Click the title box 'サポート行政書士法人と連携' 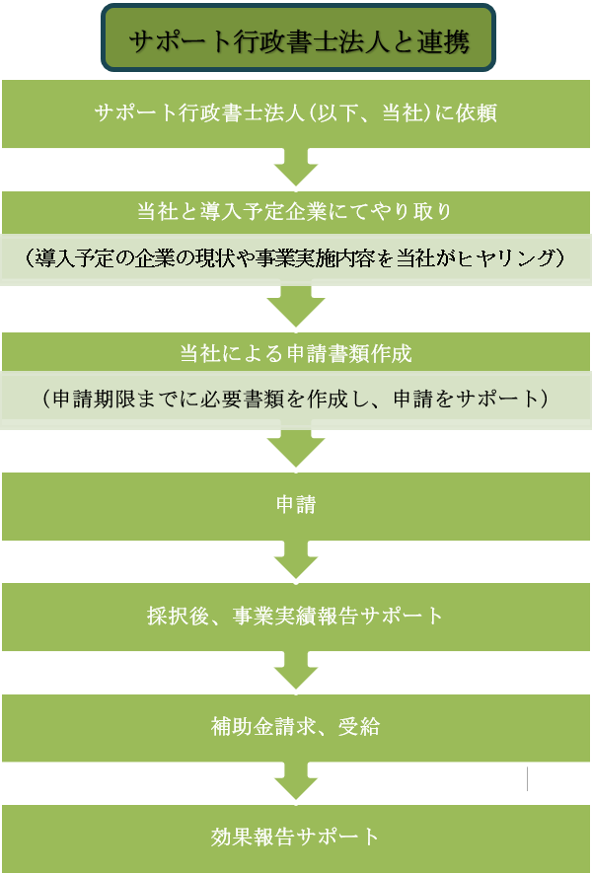tap(297, 39)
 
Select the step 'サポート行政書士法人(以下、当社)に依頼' tap(295, 112)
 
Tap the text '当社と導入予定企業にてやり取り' tap(295, 211)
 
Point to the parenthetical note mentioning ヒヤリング tap(295, 258)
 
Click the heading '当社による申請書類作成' tap(295, 352)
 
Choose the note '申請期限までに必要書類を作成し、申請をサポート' tap(295, 400)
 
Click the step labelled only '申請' tap(295, 505)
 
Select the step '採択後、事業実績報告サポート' tap(295, 617)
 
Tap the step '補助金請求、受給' tap(295, 728)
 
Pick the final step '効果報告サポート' tap(295, 837)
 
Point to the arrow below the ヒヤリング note tap(295, 306)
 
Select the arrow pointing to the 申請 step tap(295, 449)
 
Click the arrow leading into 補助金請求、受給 tap(295, 674)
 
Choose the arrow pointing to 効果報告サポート tap(295, 783)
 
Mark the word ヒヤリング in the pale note tap(515, 258)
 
